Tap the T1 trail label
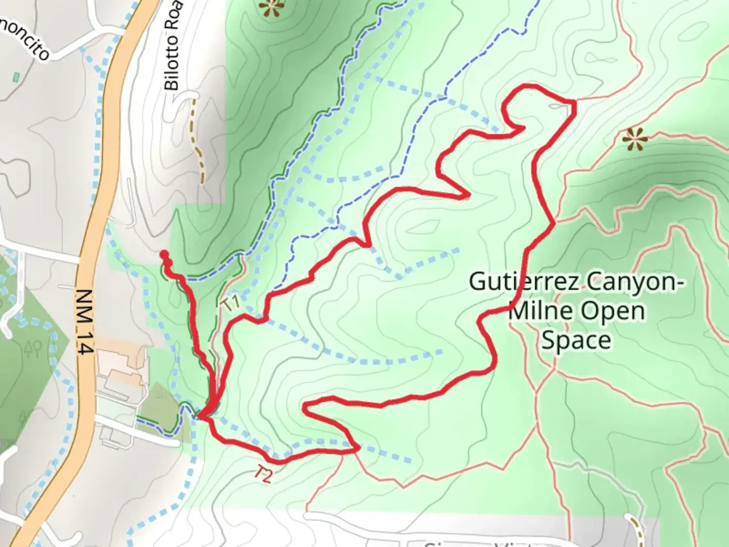(x=230, y=304)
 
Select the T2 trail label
(x=263, y=474)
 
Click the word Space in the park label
(x=576, y=340)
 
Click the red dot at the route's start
(x=164, y=254)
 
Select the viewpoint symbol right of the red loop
(x=634, y=138)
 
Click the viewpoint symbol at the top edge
(x=272, y=7)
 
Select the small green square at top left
(x=16, y=77)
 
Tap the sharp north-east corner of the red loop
(x=575, y=102)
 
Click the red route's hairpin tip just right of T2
(x=358, y=448)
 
